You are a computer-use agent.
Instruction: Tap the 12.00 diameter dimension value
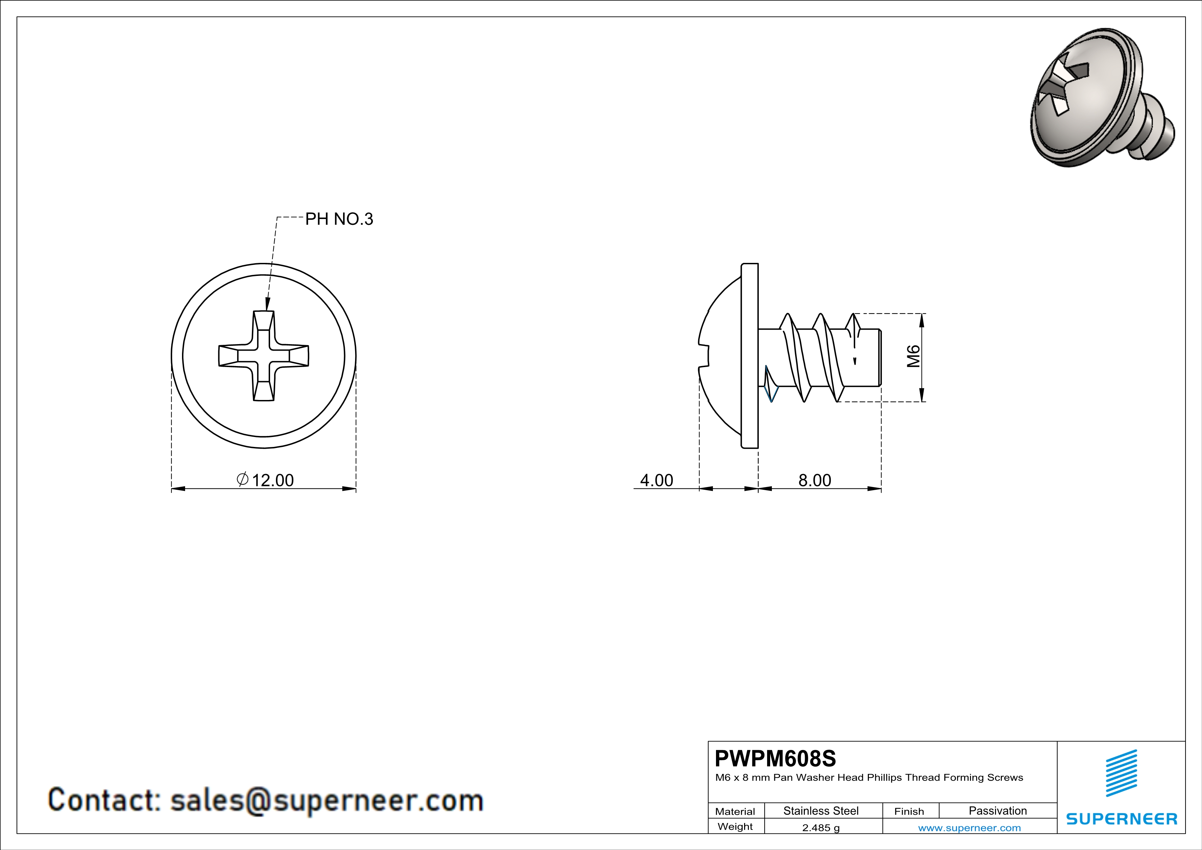[273, 480]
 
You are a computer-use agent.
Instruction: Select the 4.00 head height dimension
[656, 480]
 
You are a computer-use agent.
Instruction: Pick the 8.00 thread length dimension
[815, 480]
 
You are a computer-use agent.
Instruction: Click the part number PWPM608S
[775, 758]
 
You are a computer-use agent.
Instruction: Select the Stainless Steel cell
[821, 811]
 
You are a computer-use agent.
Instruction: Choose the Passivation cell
[998, 811]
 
